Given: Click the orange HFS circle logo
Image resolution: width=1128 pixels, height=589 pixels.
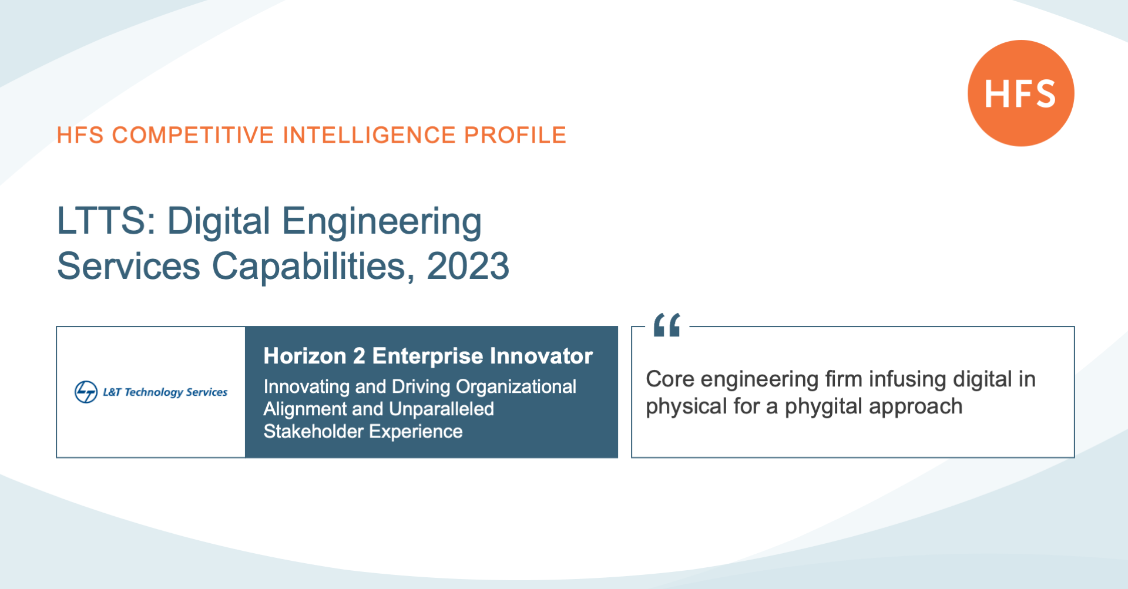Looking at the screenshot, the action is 1021,93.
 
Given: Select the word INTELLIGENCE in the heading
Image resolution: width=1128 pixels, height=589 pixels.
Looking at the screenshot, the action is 370,135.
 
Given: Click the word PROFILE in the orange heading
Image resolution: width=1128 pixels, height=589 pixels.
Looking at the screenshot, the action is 515,135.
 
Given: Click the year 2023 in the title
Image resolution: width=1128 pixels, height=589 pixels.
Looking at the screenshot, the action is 468,266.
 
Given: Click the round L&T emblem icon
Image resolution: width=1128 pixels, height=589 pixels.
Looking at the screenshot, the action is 86,392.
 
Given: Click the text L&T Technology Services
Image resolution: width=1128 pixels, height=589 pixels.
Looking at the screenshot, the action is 165,392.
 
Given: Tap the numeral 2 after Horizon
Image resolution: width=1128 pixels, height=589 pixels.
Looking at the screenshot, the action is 359,356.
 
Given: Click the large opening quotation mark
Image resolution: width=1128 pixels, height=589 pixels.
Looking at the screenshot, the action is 667,325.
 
